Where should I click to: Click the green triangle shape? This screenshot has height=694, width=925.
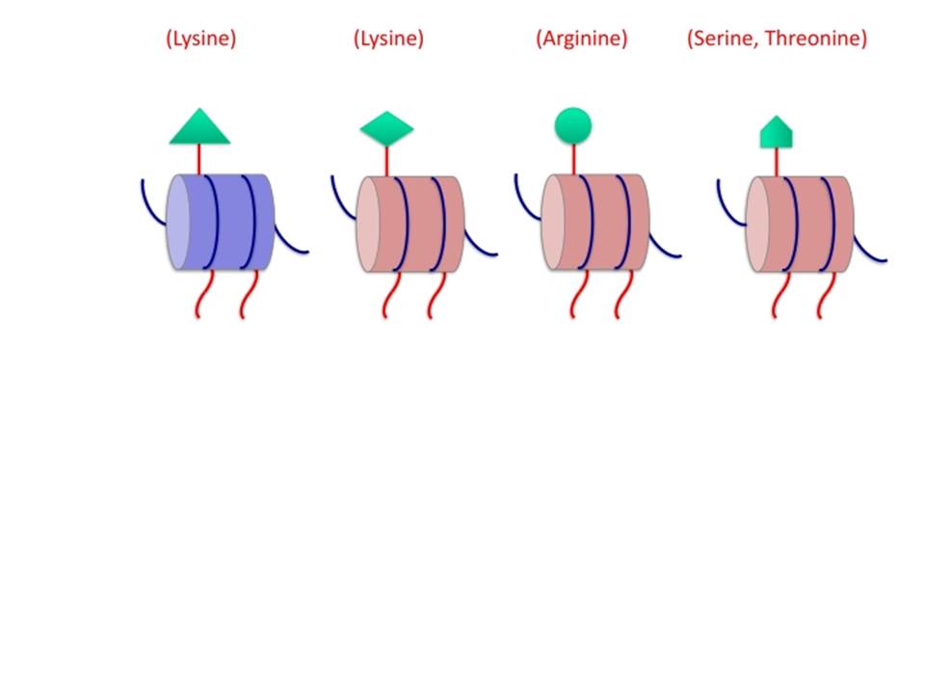pyautogui.click(x=199, y=128)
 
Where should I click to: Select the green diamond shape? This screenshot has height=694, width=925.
pyautogui.click(x=387, y=128)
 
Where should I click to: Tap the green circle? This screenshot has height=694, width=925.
pyautogui.click(x=572, y=125)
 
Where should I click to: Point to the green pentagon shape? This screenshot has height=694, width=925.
pyautogui.click(x=777, y=133)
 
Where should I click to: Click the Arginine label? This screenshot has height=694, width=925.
pyautogui.click(x=582, y=39)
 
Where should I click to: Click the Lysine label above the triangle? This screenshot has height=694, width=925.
pyautogui.click(x=201, y=39)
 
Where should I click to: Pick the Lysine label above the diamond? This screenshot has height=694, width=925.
pyautogui.click(x=388, y=39)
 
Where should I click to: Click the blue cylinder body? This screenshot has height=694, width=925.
pyautogui.click(x=220, y=222)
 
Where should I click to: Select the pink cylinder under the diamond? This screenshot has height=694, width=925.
pyautogui.click(x=410, y=225)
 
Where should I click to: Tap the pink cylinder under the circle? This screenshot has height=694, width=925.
pyautogui.click(x=595, y=222)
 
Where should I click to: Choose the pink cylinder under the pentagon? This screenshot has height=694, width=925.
pyautogui.click(x=800, y=225)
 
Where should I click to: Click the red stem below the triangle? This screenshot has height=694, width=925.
pyautogui.click(x=199, y=159)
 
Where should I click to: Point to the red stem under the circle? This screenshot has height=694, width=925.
pyautogui.click(x=573, y=159)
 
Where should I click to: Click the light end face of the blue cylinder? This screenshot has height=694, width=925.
pyautogui.click(x=177, y=222)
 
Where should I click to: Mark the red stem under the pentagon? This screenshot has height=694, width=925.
pyautogui.click(x=777, y=162)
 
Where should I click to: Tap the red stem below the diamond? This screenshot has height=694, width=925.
pyautogui.click(x=387, y=161)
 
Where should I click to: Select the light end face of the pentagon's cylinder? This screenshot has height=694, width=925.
pyautogui.click(x=757, y=225)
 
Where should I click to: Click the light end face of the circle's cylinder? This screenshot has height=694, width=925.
pyautogui.click(x=553, y=222)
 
